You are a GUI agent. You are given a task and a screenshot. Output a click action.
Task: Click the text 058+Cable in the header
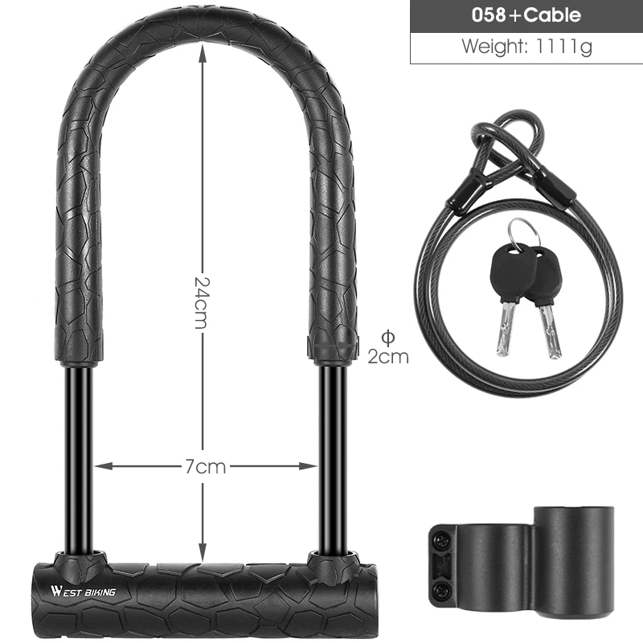(x=526, y=16)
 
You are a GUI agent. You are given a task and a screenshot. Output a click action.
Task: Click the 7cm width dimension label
(x=204, y=465)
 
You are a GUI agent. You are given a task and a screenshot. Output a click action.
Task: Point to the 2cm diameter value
(x=388, y=356)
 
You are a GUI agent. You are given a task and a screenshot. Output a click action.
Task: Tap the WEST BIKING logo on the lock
(x=83, y=592)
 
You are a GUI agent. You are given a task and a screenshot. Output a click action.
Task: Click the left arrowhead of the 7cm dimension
(x=101, y=465)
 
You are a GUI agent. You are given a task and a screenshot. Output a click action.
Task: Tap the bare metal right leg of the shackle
(x=331, y=450)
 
